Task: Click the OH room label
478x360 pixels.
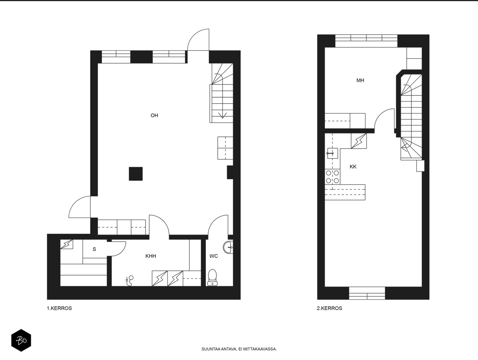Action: pyautogui.click(x=154, y=115)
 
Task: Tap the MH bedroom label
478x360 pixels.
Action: pyautogui.click(x=360, y=80)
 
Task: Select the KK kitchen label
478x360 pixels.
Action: pyautogui.click(x=353, y=166)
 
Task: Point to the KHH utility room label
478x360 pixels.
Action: pyautogui.click(x=151, y=256)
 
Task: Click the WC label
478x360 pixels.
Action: pyautogui.click(x=214, y=256)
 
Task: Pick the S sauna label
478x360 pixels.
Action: pyautogui.click(x=94, y=249)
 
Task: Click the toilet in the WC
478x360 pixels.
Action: pyautogui.click(x=212, y=277)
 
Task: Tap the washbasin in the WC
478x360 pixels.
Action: pyautogui.click(x=228, y=247)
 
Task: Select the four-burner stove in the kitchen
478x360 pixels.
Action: pyautogui.click(x=332, y=177)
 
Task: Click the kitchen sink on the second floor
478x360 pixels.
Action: pyautogui.click(x=332, y=153)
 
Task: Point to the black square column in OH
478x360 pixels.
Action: pyautogui.click(x=136, y=174)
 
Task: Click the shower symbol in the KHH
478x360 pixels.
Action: pyautogui.click(x=129, y=281)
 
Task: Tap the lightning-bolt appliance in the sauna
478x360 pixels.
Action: pyautogui.click(x=67, y=244)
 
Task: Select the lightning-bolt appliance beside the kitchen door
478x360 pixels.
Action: pyautogui.click(x=359, y=141)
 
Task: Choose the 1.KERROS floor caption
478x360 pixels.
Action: pyautogui.click(x=60, y=308)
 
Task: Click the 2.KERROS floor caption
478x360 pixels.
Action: pyautogui.click(x=330, y=308)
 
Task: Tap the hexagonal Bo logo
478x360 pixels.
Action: pyautogui.click(x=21, y=340)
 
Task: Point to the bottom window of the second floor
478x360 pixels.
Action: pyautogui.click(x=367, y=293)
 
